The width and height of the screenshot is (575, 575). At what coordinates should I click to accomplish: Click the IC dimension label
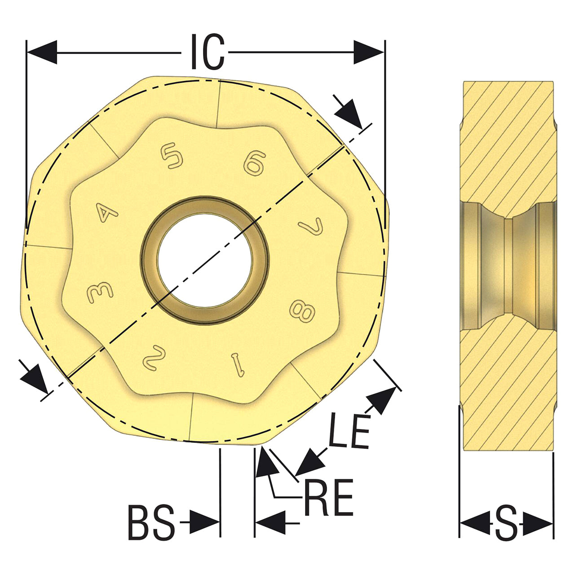pyautogui.click(x=208, y=52)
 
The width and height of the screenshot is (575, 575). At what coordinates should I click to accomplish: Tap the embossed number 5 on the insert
pyautogui.click(x=172, y=155)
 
